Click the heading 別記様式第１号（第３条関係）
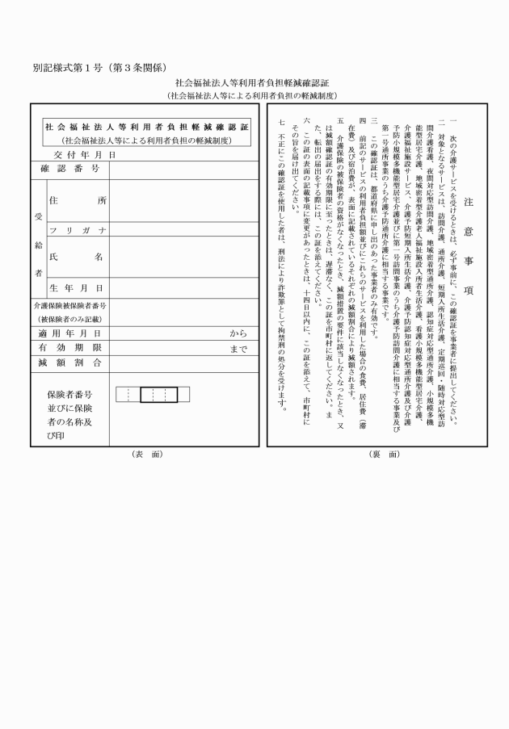(x=100, y=66)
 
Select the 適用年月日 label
(x=69, y=333)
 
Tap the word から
(x=238, y=333)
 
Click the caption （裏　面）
(x=381, y=454)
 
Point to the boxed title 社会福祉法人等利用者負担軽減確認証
(x=146, y=127)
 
